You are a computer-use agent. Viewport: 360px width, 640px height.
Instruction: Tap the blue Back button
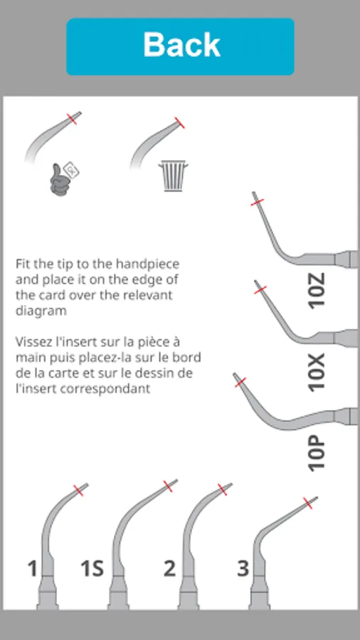(x=180, y=46)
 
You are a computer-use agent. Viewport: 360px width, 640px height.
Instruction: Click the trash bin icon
(x=173, y=176)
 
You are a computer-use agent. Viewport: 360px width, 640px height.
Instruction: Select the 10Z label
(x=317, y=291)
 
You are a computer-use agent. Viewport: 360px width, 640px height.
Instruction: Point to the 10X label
(x=317, y=372)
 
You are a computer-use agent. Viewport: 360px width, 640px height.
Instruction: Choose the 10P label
(x=317, y=453)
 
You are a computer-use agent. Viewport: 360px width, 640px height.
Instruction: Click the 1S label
(x=92, y=568)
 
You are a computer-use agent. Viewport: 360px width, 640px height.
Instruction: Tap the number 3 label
(x=243, y=568)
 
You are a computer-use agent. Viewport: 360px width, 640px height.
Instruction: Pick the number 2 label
(x=169, y=568)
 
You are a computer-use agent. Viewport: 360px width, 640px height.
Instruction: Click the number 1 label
(x=33, y=568)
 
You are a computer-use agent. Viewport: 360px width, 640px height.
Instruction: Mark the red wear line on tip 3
(x=308, y=503)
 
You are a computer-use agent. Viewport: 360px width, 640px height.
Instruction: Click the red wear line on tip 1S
(x=168, y=486)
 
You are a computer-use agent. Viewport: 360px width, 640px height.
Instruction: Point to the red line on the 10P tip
(x=240, y=383)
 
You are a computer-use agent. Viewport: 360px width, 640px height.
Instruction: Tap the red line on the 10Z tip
(x=258, y=202)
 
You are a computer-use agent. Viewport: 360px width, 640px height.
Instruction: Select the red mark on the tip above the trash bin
(x=179, y=123)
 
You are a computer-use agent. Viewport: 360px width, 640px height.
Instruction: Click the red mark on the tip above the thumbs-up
(x=73, y=118)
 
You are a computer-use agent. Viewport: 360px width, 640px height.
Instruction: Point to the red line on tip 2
(x=223, y=489)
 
